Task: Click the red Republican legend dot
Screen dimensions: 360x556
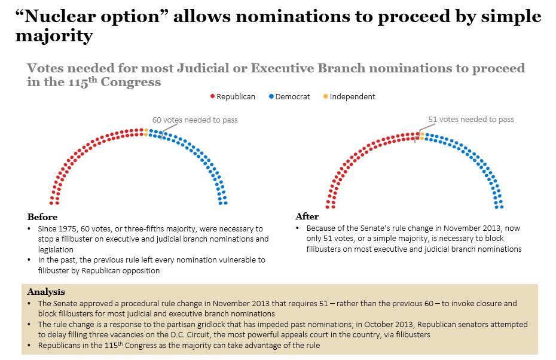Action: tap(212, 96)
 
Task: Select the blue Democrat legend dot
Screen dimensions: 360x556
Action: tap(271, 96)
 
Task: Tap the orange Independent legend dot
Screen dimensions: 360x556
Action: tap(325, 96)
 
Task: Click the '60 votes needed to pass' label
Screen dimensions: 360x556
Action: tap(195, 120)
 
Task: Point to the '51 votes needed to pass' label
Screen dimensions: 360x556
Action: tap(471, 120)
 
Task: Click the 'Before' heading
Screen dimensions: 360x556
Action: tap(42, 217)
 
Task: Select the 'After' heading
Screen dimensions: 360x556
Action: tap(307, 216)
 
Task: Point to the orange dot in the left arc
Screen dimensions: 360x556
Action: tap(145, 132)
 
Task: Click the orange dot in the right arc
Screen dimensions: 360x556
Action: tap(421, 136)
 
